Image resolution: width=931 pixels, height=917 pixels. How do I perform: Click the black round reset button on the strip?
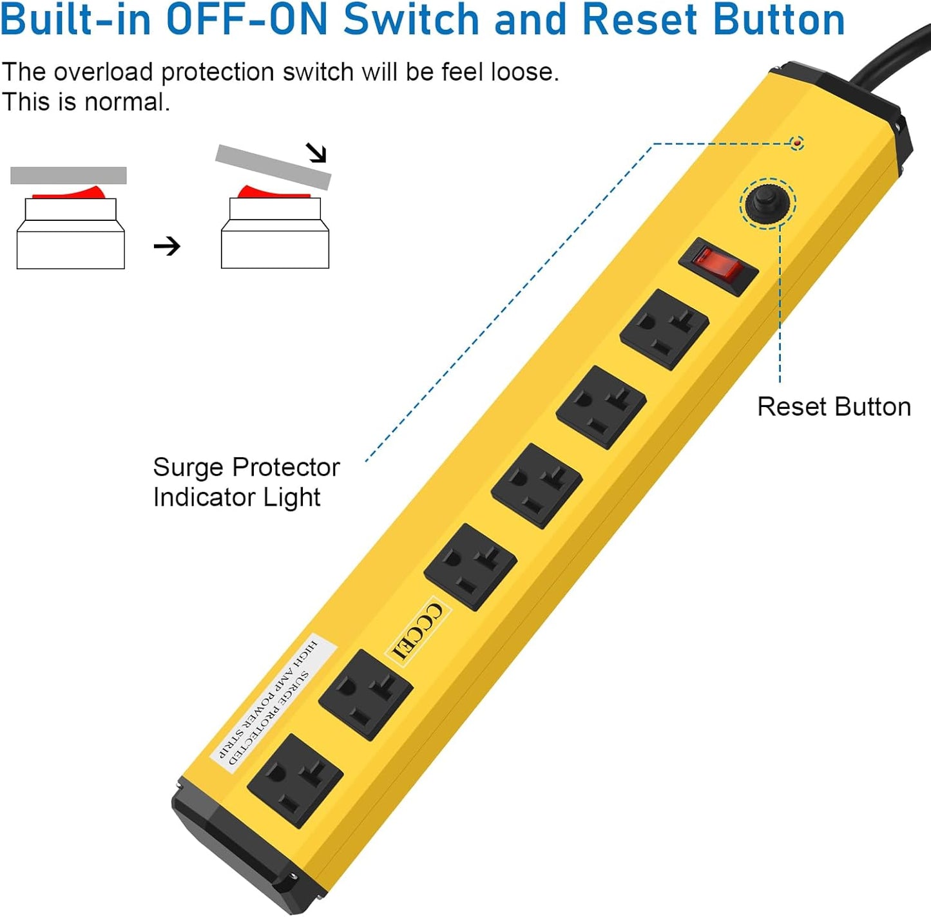coord(767,202)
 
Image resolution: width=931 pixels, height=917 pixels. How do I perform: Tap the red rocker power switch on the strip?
coord(718,266)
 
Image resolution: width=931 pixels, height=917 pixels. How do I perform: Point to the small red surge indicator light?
coord(797,142)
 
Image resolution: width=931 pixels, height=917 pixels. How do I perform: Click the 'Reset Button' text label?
coord(834,407)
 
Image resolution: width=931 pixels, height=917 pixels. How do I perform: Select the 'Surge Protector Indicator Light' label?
coord(245,482)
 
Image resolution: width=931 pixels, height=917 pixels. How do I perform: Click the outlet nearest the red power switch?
coord(664,329)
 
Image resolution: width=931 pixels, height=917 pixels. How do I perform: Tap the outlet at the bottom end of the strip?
coord(295,780)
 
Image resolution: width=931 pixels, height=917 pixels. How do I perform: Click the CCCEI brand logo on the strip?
coord(418,632)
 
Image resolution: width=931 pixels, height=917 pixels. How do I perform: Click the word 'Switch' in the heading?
coord(411,19)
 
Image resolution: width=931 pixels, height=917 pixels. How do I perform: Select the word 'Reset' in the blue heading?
coord(638,19)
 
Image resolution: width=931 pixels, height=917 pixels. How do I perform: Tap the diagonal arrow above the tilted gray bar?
coord(316,153)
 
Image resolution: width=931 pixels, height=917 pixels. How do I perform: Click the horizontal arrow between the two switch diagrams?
coord(167,246)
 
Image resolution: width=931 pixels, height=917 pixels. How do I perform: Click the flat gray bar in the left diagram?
coord(68,175)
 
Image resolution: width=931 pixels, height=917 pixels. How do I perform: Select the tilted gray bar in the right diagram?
coord(273,166)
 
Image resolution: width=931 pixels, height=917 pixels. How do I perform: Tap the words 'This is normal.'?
coord(86,102)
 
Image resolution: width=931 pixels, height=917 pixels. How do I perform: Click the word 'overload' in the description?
coord(103,72)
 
